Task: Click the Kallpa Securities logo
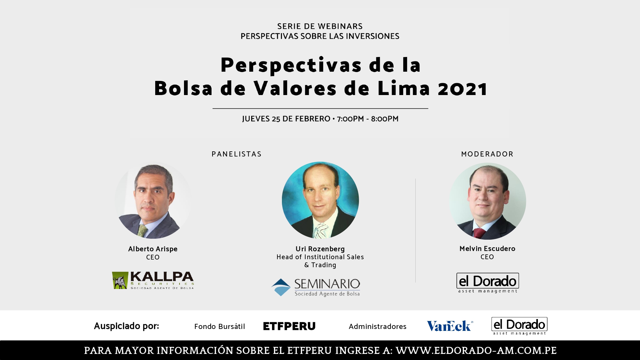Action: click(153, 280)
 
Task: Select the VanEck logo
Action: click(450, 326)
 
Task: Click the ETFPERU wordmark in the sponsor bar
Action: click(289, 326)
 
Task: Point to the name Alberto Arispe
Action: click(153, 249)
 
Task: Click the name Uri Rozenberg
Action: click(320, 249)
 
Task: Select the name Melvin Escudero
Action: click(487, 249)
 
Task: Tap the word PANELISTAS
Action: click(236, 154)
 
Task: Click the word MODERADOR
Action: click(487, 154)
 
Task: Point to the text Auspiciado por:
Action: click(126, 326)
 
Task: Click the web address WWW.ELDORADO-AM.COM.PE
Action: click(476, 351)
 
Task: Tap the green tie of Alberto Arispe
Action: click(142, 231)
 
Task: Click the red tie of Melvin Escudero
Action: click(479, 233)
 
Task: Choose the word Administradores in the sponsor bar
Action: click(378, 326)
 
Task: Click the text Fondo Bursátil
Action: click(220, 326)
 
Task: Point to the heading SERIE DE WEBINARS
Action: click(320, 26)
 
